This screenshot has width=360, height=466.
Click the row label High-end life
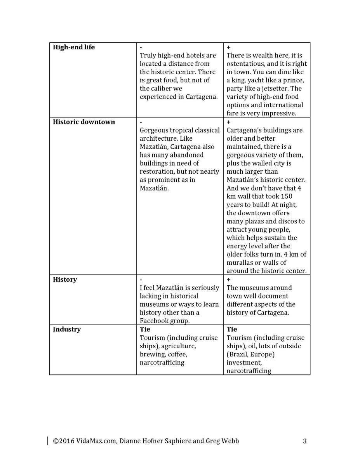74,47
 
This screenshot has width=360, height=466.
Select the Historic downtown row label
84,122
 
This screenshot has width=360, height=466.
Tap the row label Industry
67,330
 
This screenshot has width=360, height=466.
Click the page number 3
305,441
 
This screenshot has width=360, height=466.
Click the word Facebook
155,321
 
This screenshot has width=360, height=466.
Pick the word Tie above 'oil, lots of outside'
232,330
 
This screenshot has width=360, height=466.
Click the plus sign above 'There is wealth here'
228,47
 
